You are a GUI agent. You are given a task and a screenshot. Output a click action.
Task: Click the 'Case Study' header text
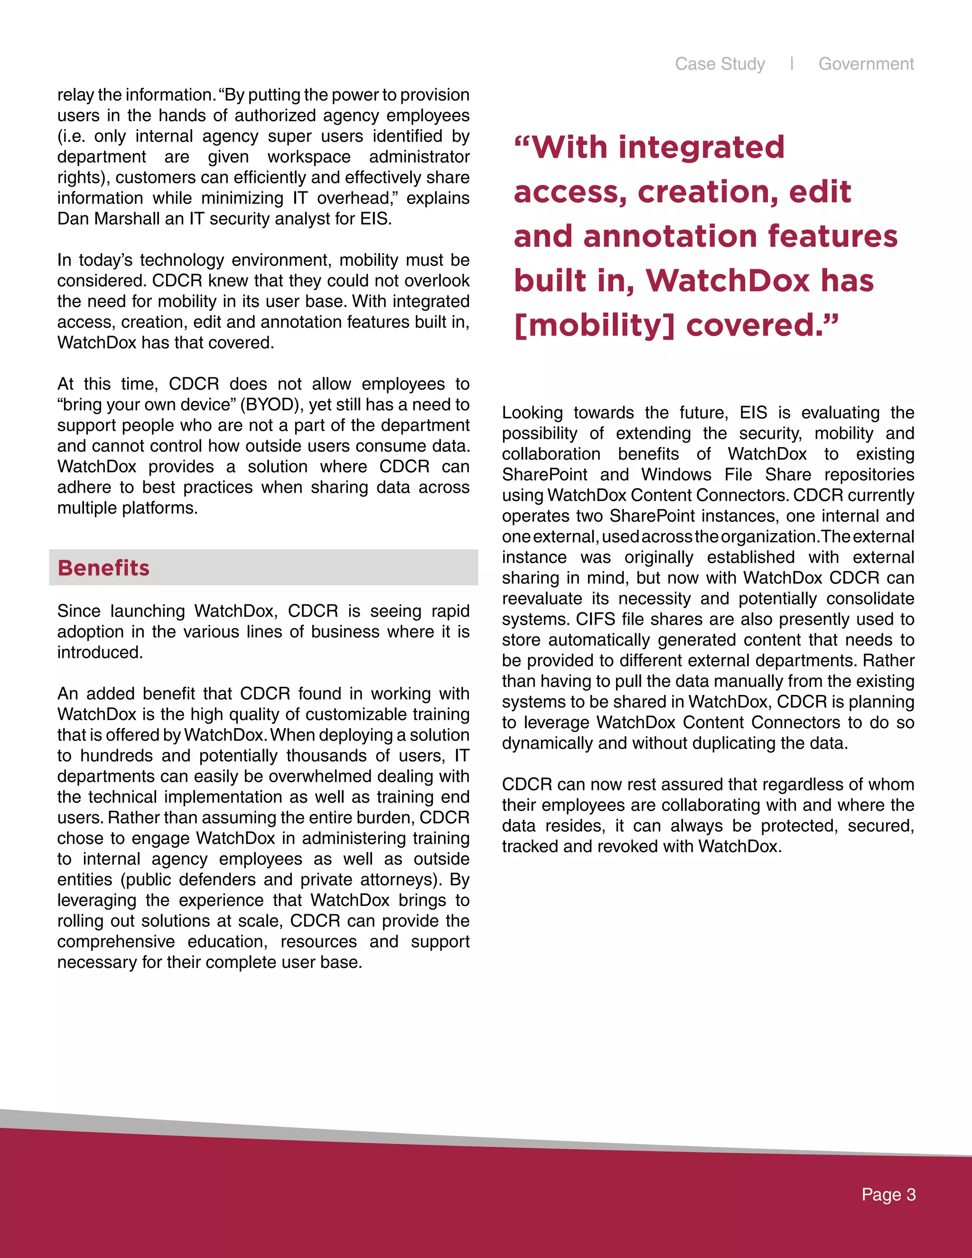(x=720, y=64)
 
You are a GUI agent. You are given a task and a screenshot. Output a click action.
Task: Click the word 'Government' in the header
(x=866, y=64)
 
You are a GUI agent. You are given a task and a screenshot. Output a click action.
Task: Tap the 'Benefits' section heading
(x=103, y=568)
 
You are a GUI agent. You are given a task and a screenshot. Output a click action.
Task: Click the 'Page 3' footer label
(x=888, y=1195)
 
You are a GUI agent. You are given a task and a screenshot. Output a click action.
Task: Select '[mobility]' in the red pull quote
(x=594, y=326)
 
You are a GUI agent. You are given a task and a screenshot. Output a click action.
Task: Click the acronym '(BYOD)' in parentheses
(x=272, y=405)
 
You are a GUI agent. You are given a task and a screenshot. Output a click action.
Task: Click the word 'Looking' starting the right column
(x=532, y=413)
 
